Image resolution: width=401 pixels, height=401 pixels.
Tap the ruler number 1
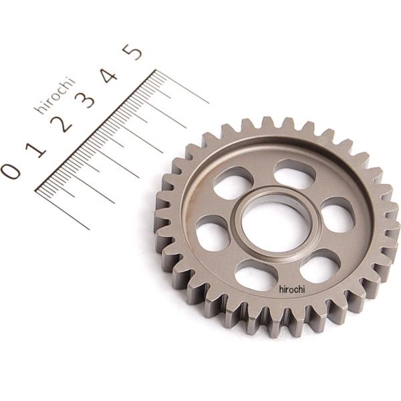36,150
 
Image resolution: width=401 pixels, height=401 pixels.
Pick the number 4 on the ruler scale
109,75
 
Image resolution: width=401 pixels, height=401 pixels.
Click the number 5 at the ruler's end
132,52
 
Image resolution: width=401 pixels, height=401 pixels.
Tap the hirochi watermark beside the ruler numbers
55,95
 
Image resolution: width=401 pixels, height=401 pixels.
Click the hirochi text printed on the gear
292,289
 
